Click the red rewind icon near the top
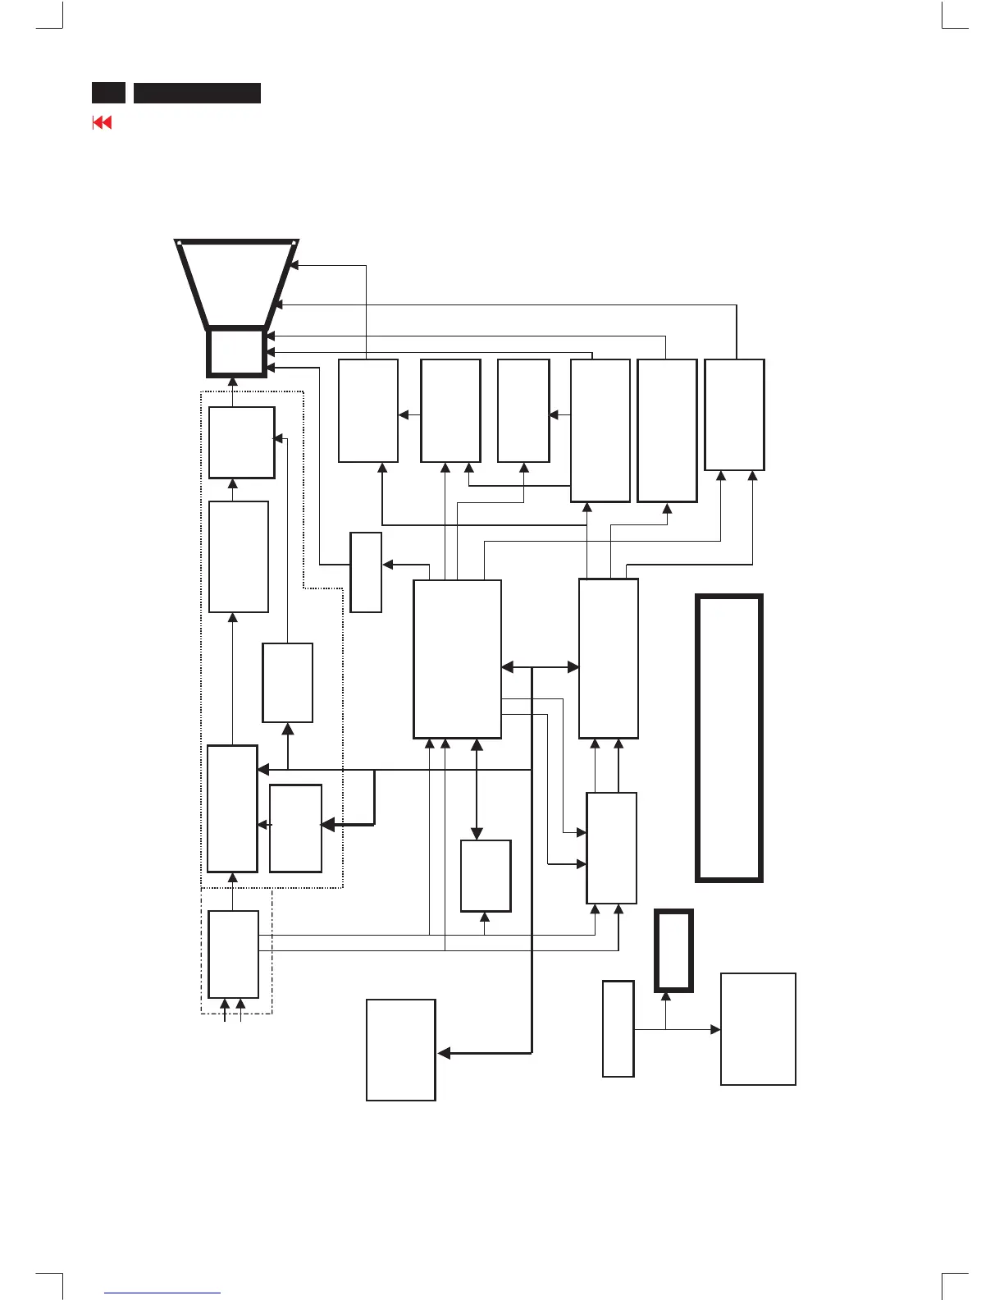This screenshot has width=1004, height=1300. pyautogui.click(x=102, y=123)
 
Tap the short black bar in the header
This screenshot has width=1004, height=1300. pyautogui.click(x=108, y=93)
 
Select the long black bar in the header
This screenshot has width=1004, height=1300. pyautogui.click(x=197, y=93)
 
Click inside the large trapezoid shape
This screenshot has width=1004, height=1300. pyautogui.click(x=236, y=283)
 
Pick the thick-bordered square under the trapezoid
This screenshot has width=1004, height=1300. pyautogui.click(x=235, y=352)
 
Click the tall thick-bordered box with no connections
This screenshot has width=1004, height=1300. pyautogui.click(x=729, y=738)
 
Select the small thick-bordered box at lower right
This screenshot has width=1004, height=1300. pyautogui.click(x=673, y=950)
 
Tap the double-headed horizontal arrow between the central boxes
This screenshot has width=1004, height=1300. pyautogui.click(x=540, y=667)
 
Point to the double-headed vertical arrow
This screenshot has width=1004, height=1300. pyautogui.click(x=477, y=789)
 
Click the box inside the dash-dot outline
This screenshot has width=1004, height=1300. pyautogui.click(x=233, y=953)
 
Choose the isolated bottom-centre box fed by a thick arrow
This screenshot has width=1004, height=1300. pyautogui.click(x=400, y=1050)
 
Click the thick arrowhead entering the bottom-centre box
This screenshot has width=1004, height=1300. pyautogui.click(x=443, y=1053)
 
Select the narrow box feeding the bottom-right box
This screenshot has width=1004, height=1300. pyautogui.click(x=618, y=1028)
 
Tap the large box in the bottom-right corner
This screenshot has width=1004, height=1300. pyautogui.click(x=758, y=1029)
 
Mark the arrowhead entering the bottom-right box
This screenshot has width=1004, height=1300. pyautogui.click(x=716, y=1029)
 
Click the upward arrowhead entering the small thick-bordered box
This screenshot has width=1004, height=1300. pyautogui.click(x=665, y=996)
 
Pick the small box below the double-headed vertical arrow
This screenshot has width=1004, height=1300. pyautogui.click(x=486, y=876)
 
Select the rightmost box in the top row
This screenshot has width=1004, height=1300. pyautogui.click(x=734, y=414)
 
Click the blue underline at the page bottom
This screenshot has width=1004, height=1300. pyautogui.click(x=163, y=1293)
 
